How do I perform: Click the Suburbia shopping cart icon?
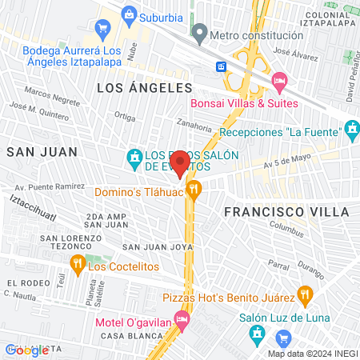pyautogui.click(x=128, y=14)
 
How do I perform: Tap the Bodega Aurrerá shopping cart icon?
pyautogui.click(x=102, y=29)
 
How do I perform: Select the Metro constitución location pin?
pyautogui.click(x=199, y=34)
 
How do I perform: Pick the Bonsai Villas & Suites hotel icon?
pyautogui.click(x=279, y=81)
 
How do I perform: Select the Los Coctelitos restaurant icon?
pyautogui.click(x=77, y=264)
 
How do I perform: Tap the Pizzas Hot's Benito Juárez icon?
pyautogui.click(x=304, y=294)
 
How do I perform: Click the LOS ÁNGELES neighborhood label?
pyautogui.click(x=145, y=87)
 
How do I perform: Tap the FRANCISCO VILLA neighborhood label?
pyautogui.click(x=286, y=211)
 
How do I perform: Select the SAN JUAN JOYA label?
pyautogui.click(x=158, y=246)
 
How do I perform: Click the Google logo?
pyautogui.click(x=26, y=350)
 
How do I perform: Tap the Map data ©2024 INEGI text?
pyautogui.click(x=310, y=353)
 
